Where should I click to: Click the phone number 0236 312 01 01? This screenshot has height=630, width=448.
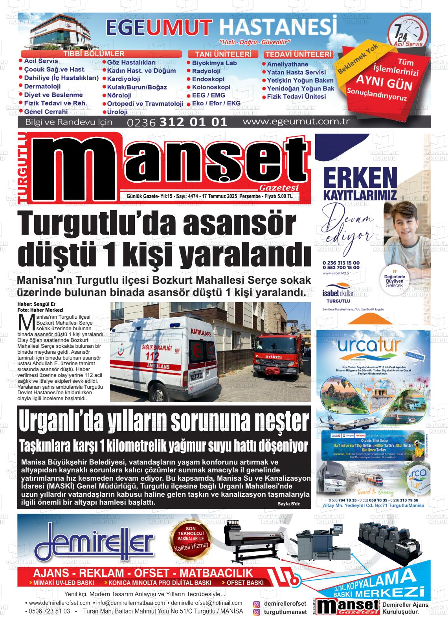pyautogui.click(x=177, y=122)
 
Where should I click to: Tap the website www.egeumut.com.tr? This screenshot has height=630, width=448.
pyautogui.click(x=296, y=121)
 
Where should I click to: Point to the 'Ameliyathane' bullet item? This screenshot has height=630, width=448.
pyautogui.click(x=287, y=64)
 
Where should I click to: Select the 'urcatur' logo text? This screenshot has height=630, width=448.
pyautogui.click(x=369, y=346)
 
